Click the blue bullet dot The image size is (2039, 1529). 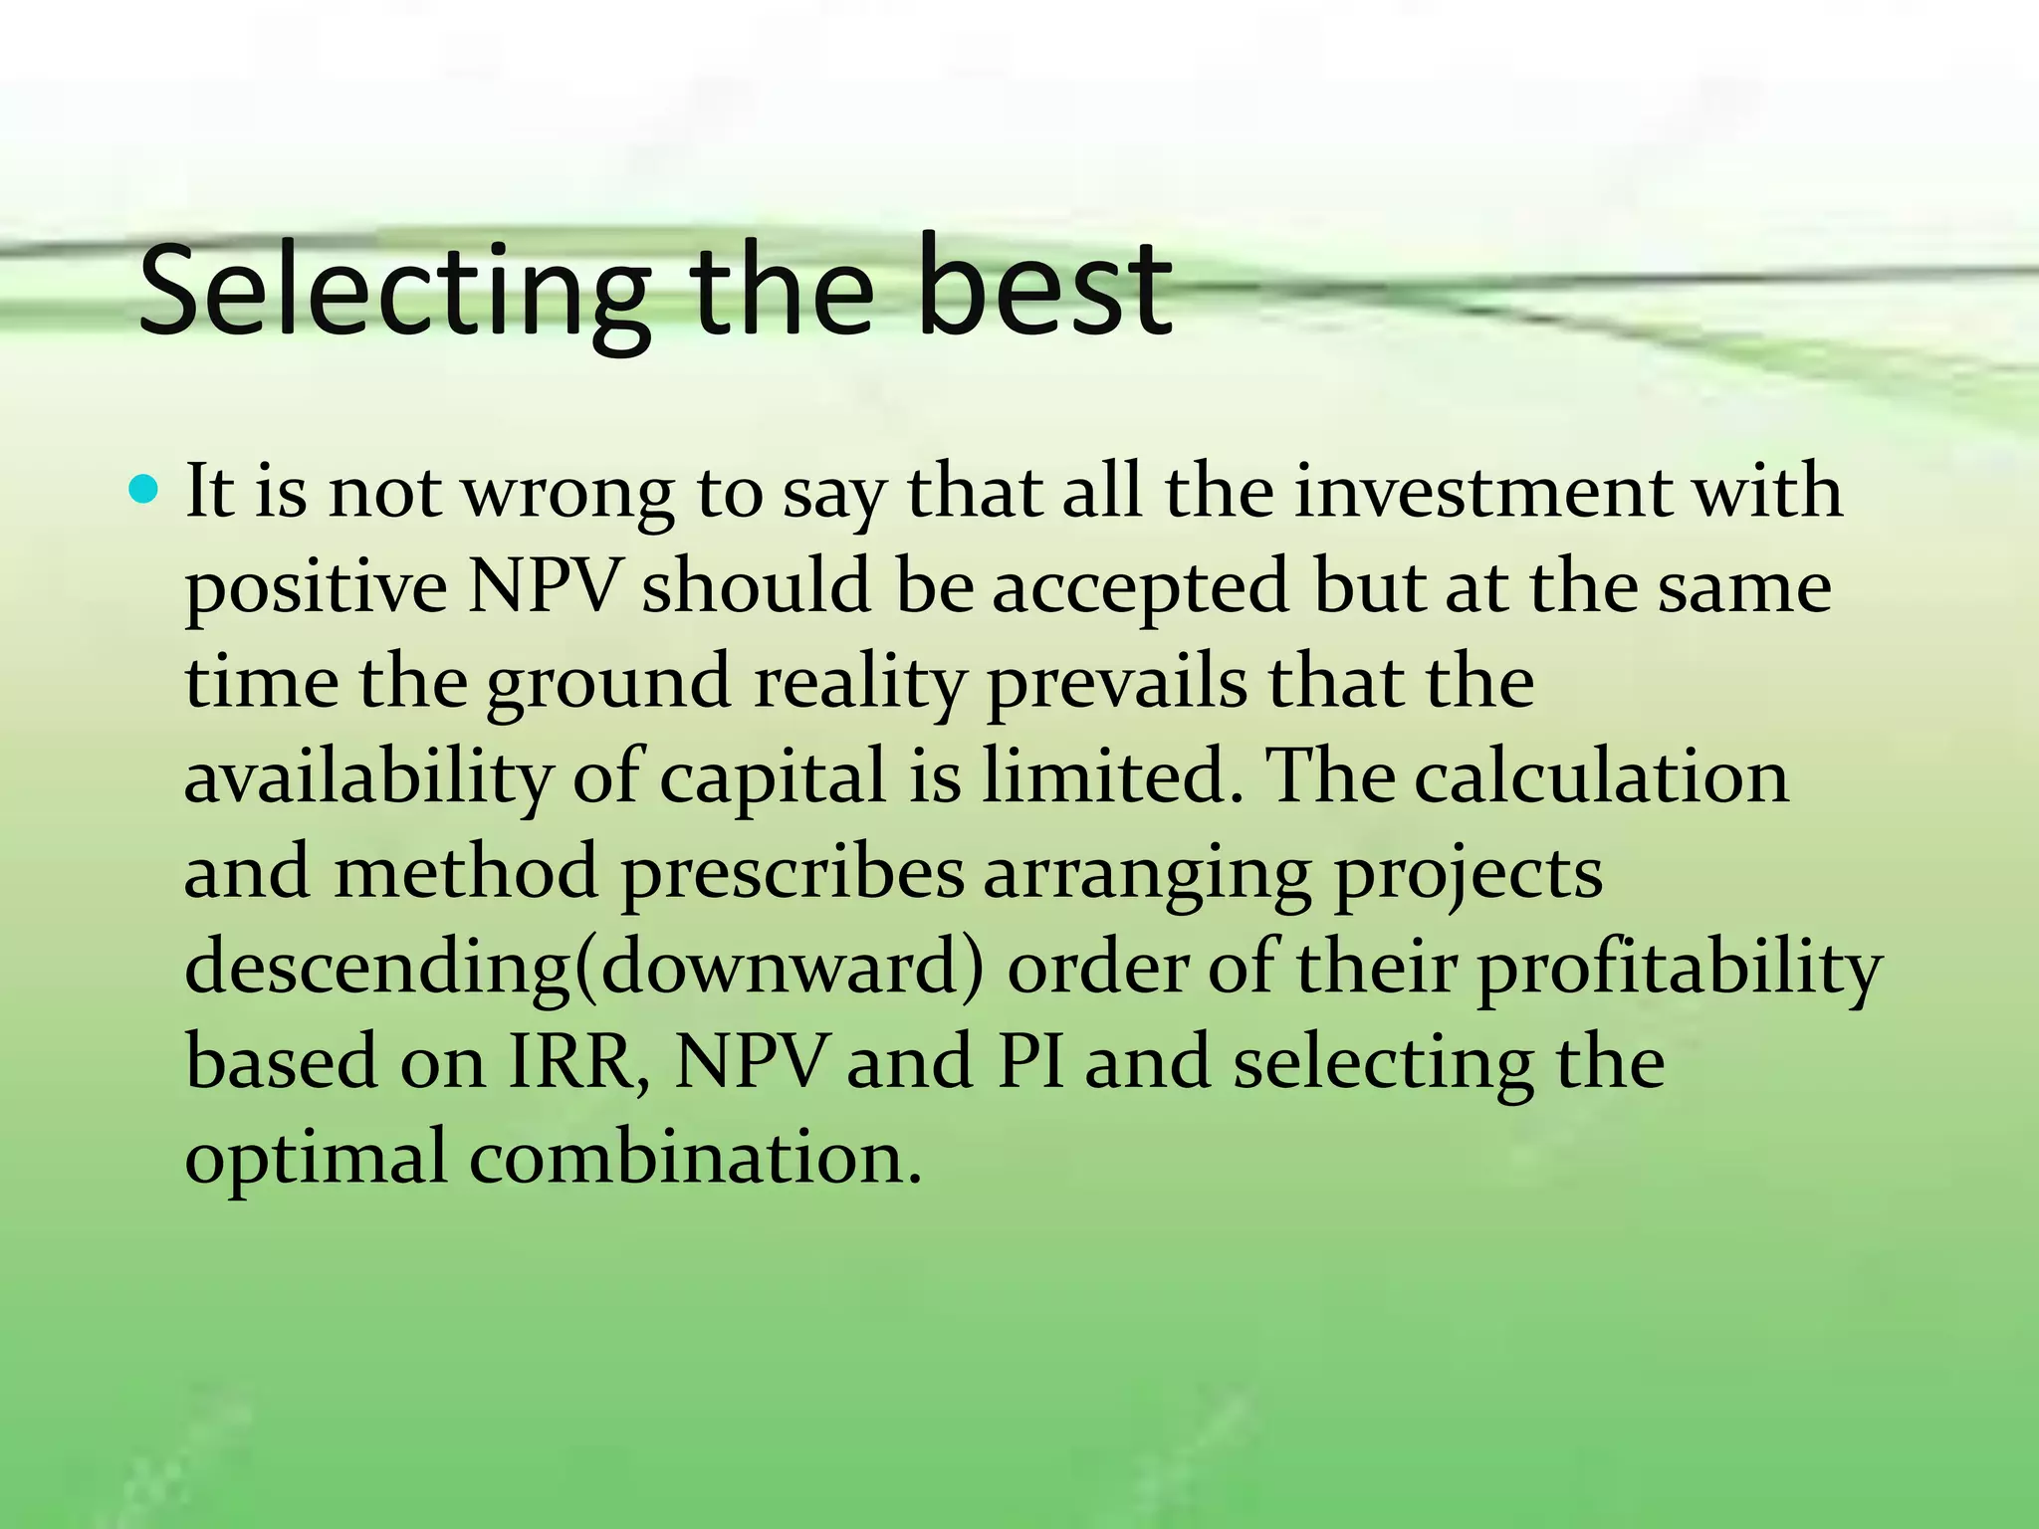coord(144,489)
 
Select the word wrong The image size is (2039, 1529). coord(568,495)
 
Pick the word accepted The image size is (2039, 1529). coord(1141,587)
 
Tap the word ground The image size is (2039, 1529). coord(608,685)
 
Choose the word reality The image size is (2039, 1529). coord(860,685)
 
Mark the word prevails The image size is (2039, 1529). coord(1116,685)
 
